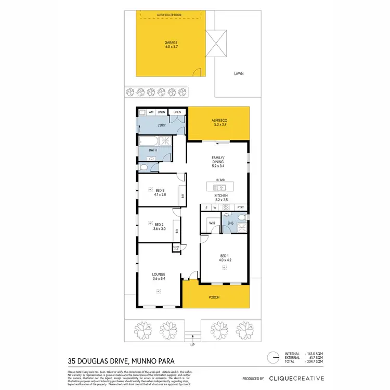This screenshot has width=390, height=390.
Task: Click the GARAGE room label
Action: (x=171, y=43)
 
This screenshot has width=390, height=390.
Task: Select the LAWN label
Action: (x=239, y=73)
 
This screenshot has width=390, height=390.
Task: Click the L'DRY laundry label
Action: (x=162, y=126)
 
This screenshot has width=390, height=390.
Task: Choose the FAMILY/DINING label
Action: (x=218, y=160)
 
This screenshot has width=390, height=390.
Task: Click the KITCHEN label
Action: (x=219, y=196)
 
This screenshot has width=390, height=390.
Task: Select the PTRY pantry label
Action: (x=240, y=208)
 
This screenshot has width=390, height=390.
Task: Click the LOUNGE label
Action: (x=158, y=277)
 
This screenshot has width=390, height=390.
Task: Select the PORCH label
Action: (x=213, y=297)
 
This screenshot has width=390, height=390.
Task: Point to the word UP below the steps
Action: (x=193, y=344)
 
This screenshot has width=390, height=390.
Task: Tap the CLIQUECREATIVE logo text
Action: (x=296, y=379)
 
